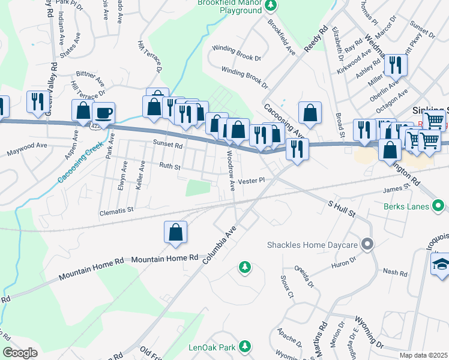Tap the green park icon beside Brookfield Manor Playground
tap(271, 5)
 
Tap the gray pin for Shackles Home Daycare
tap(368, 244)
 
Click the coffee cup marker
tap(103, 113)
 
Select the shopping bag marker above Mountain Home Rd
tap(175, 233)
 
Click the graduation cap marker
tap(441, 264)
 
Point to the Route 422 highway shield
tap(96, 127)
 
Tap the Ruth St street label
tap(169, 166)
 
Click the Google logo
tap(20, 353)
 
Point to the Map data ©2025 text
tap(423, 355)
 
